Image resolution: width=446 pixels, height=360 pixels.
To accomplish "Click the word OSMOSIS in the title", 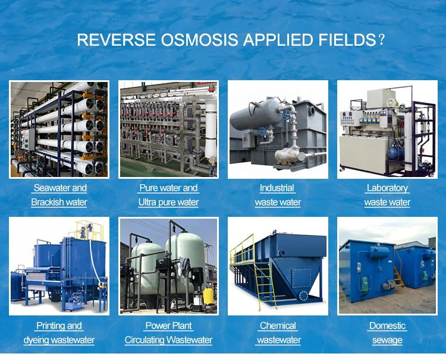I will [x=196, y=40].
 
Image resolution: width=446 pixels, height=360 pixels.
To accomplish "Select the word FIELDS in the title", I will [x=346, y=40].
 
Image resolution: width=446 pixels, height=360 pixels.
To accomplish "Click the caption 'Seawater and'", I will [x=60, y=188].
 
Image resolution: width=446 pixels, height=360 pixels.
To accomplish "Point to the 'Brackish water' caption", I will [x=59, y=202].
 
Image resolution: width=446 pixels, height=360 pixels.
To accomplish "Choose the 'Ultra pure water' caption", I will [x=168, y=202].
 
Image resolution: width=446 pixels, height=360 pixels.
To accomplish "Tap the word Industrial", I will [x=277, y=188].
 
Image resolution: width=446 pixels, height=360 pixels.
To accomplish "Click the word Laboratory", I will [x=387, y=188].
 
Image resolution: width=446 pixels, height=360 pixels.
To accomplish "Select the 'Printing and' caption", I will [x=59, y=326].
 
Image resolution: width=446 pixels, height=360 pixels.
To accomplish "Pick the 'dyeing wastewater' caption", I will [x=59, y=340].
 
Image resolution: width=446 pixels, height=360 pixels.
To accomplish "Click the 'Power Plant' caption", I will [x=168, y=326].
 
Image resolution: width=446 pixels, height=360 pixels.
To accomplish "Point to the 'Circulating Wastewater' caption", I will [x=168, y=340].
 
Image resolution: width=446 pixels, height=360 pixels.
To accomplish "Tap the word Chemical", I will [x=278, y=326].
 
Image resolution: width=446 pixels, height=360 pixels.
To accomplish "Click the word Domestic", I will [x=387, y=326].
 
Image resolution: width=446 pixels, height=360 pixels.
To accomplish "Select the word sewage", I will [x=387, y=340].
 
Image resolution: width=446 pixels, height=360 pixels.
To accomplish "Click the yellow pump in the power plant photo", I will [x=208, y=295].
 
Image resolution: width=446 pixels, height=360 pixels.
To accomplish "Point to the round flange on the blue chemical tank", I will [x=303, y=295].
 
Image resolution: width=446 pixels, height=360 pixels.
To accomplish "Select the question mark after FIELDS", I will [x=381, y=40].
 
